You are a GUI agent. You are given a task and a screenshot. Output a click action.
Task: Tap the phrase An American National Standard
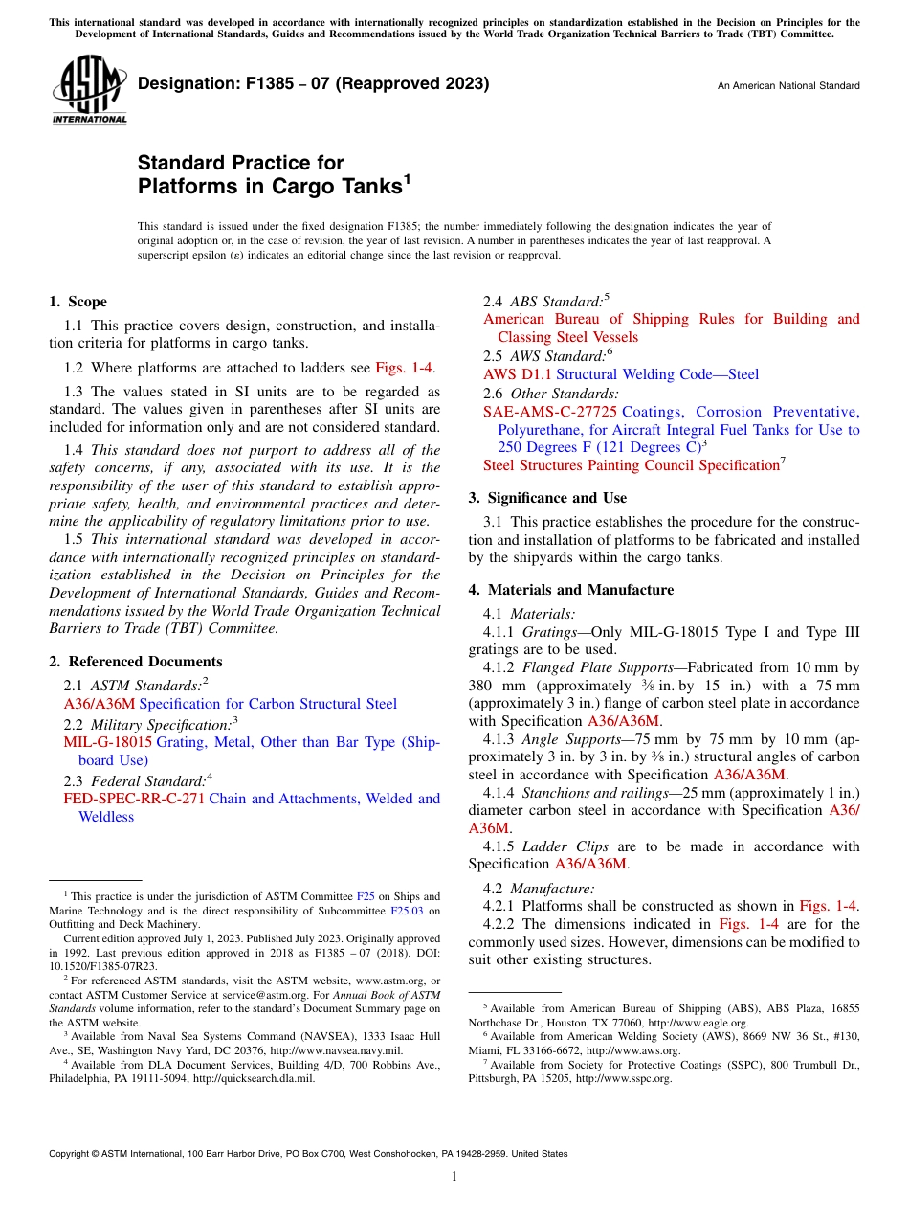point(788,86)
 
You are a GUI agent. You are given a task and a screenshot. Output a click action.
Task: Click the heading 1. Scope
point(78,303)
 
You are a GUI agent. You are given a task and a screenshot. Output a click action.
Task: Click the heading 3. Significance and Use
point(548,498)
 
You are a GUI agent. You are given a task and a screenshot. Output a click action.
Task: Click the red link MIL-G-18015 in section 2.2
point(108,742)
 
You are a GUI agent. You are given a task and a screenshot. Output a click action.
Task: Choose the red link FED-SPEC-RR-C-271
point(134,799)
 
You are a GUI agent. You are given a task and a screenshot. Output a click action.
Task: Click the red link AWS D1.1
point(518,374)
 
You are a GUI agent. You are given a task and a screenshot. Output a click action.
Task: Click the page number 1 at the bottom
point(454,1177)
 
